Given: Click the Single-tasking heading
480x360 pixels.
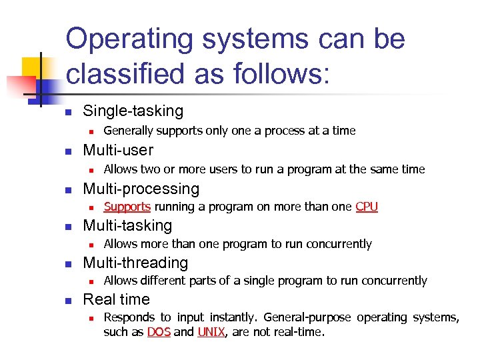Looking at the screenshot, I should pos(133,111).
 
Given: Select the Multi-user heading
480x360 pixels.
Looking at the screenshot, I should pos(118,150).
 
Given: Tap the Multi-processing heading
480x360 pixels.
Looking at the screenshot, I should pos(141,189).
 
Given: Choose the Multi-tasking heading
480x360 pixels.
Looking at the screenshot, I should pos(127,226).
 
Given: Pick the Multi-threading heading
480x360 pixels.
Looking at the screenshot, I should pos(135,263).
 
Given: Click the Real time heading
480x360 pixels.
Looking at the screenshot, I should pos(116,299).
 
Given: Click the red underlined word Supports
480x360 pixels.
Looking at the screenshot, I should pos(127,207).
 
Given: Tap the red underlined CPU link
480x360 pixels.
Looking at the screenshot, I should pos(367,207).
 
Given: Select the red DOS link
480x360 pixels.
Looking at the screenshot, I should pos(159,331).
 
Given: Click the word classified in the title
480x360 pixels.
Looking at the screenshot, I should pos(133,73).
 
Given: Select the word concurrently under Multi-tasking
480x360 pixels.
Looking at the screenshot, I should pos(338,244).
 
